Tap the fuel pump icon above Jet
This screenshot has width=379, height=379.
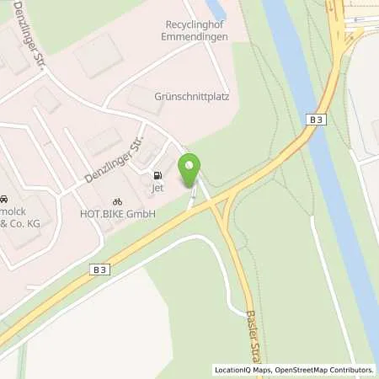(157, 176)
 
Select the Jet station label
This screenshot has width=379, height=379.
(157, 189)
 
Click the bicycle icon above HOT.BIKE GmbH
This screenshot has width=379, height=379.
(117, 202)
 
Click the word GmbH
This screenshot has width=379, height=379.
(140, 215)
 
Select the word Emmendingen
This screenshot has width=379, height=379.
(195, 38)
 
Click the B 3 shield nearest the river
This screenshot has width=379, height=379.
(315, 122)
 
